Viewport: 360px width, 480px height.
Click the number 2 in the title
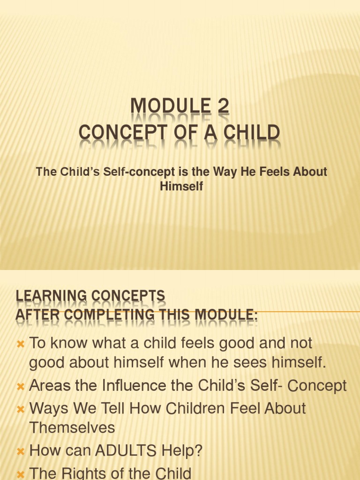click(x=223, y=106)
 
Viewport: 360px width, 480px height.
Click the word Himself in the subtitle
click(x=181, y=186)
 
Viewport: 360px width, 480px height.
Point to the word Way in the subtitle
click(x=225, y=172)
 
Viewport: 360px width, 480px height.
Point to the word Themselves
click(x=72, y=427)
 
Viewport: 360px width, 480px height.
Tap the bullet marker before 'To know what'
click(x=20, y=344)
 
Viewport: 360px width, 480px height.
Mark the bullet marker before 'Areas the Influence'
click(x=20, y=387)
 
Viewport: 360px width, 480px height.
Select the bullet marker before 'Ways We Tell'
click(x=20, y=409)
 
